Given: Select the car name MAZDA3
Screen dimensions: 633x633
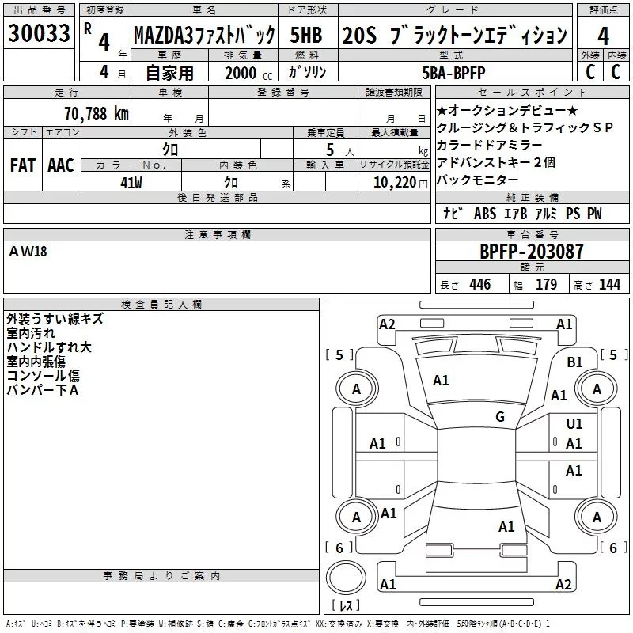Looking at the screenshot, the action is (204, 36).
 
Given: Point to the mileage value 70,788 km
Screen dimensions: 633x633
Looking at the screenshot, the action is (97, 113).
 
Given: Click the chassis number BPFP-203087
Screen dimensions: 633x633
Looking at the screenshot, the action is (532, 252).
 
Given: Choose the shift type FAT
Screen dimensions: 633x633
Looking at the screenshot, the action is (22, 165).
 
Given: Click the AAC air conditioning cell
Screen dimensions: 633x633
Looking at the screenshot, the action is (60, 165).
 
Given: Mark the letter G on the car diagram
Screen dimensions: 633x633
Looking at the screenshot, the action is (500, 417).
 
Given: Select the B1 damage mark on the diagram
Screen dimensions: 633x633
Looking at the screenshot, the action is (575, 362).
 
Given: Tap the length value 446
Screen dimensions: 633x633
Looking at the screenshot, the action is (479, 285).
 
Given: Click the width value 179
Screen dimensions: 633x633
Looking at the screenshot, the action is (546, 285).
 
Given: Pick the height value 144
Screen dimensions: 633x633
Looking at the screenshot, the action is (609, 285).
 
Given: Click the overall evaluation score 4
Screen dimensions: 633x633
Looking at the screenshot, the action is (604, 36).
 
